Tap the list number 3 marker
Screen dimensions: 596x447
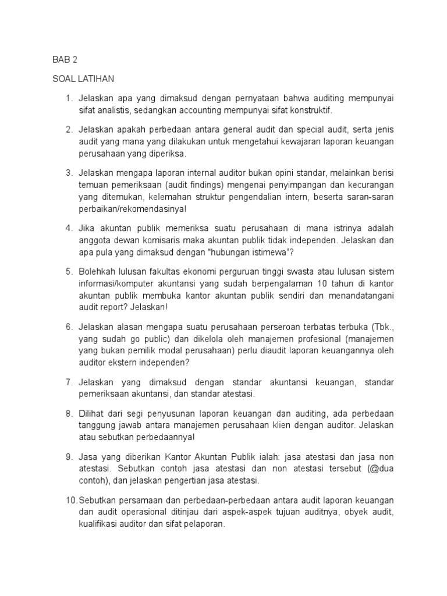[x=68, y=172]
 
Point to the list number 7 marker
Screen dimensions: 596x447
[x=68, y=382]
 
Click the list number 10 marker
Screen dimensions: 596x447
[x=70, y=501]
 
